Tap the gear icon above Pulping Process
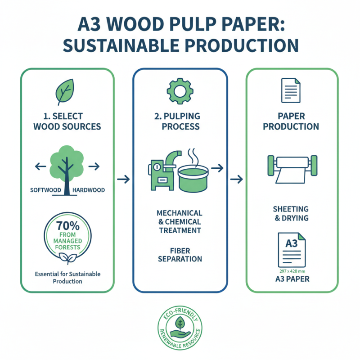pyautogui.click(x=180, y=91)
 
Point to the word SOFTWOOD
pyautogui.click(x=45, y=190)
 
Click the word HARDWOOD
pyautogui.click(x=88, y=190)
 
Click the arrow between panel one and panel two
pyautogui.click(x=123, y=180)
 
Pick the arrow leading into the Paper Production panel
pyautogui.click(x=236, y=180)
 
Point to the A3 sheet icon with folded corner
pyautogui.click(x=291, y=249)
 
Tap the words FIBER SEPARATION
pyautogui.click(x=180, y=254)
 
